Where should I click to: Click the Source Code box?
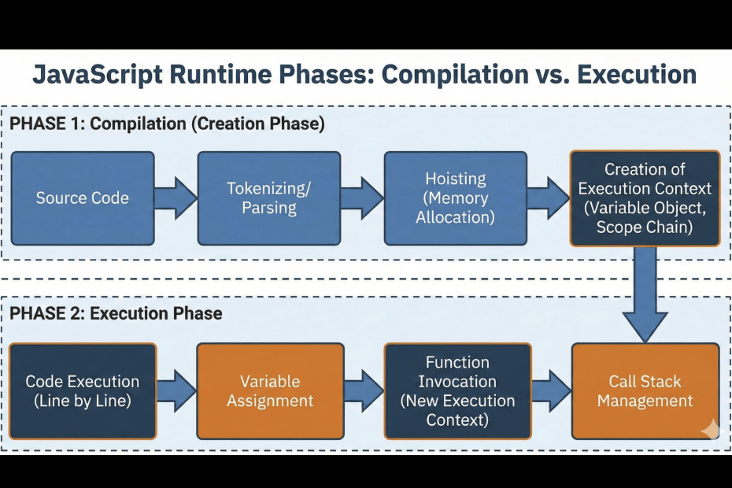tap(83, 198)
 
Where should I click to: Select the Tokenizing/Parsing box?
tap(269, 198)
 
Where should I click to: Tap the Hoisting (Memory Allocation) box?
tap(456, 198)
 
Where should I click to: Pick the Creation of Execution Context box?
tap(645, 198)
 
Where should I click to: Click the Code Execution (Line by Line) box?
tap(83, 391)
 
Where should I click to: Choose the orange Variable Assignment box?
tap(270, 391)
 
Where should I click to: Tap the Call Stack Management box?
tap(645, 391)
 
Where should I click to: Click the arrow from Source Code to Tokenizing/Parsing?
tap(176, 198)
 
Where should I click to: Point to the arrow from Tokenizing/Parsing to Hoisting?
tap(362, 198)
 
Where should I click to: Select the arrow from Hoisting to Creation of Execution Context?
tap(548, 198)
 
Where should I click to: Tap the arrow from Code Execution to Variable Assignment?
tap(176, 391)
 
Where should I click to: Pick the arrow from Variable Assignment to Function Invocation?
tap(363, 391)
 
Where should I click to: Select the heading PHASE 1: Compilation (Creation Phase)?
tap(167, 124)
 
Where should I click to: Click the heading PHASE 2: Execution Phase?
tap(116, 313)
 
